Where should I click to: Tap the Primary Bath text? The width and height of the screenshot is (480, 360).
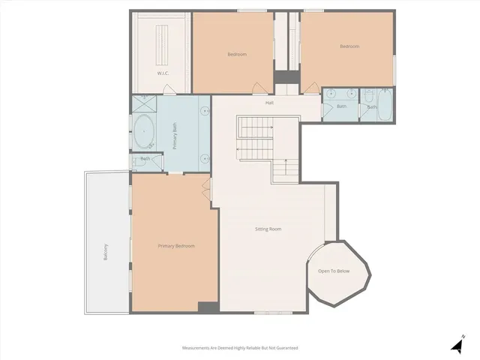pos(175,136)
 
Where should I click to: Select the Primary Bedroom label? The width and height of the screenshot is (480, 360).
pos(176,246)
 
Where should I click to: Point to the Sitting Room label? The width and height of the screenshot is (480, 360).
pos(268,229)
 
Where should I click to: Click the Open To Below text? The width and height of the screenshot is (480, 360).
pos(334,271)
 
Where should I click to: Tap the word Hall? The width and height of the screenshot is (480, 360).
pos(269,103)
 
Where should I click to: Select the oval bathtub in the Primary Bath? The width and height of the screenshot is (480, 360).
pos(142,133)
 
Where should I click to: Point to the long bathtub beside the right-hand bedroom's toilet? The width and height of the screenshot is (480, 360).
pos(384,105)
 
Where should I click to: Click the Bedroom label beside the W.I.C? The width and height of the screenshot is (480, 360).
pos(237,54)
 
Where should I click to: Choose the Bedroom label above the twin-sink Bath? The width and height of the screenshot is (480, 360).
pos(349,46)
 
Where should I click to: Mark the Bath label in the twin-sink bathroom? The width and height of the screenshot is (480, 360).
pos(341,106)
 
